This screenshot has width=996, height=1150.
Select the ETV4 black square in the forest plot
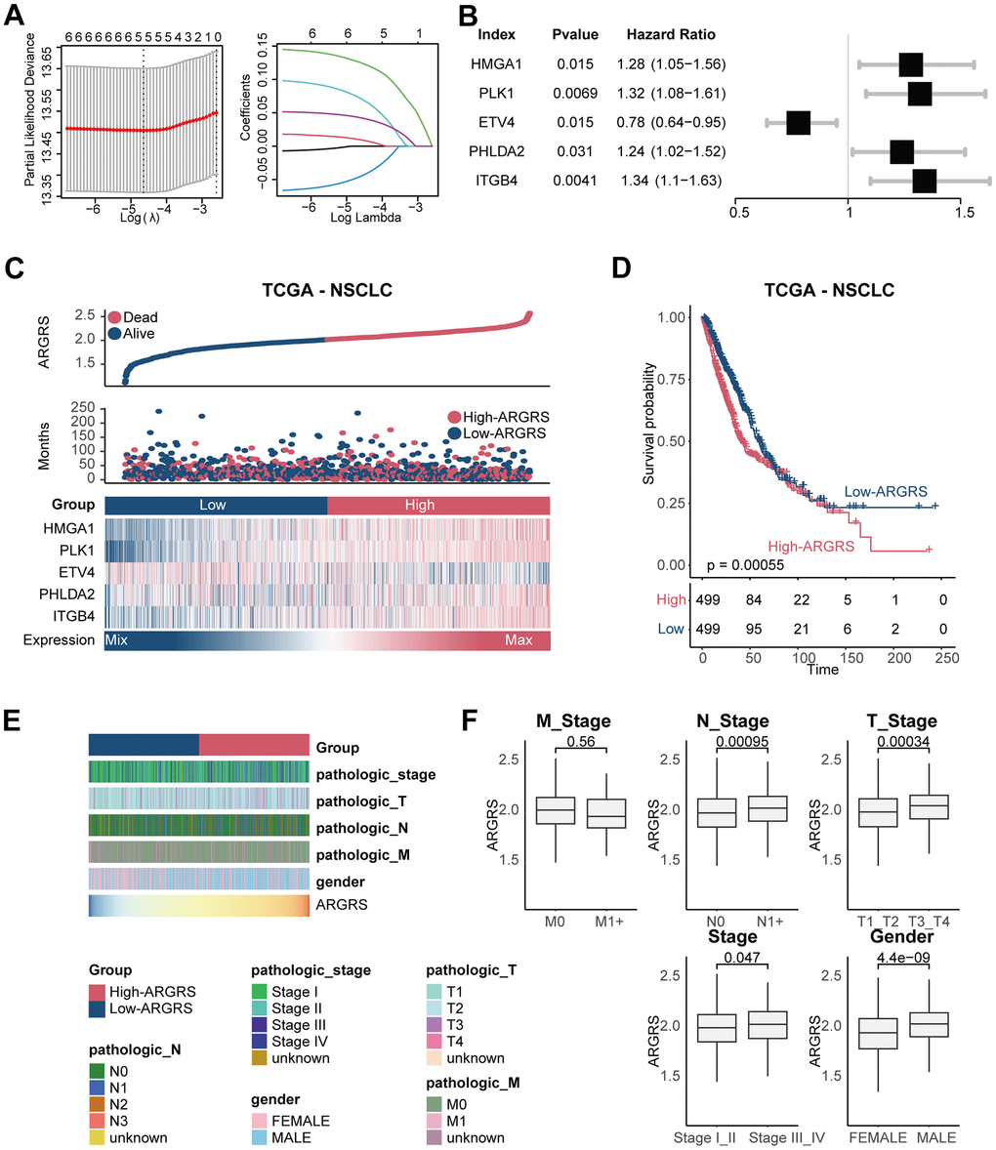coord(798,123)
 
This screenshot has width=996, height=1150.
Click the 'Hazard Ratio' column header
coord(670,35)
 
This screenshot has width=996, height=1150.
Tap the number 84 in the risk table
coord(751,598)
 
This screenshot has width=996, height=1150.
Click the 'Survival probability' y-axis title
coord(649,427)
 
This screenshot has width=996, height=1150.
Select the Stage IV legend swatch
coord(260,1042)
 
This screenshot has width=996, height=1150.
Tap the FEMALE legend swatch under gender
coord(260,1120)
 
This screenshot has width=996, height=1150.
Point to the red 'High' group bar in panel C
coord(438,505)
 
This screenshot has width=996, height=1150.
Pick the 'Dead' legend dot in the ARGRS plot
coord(114,317)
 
